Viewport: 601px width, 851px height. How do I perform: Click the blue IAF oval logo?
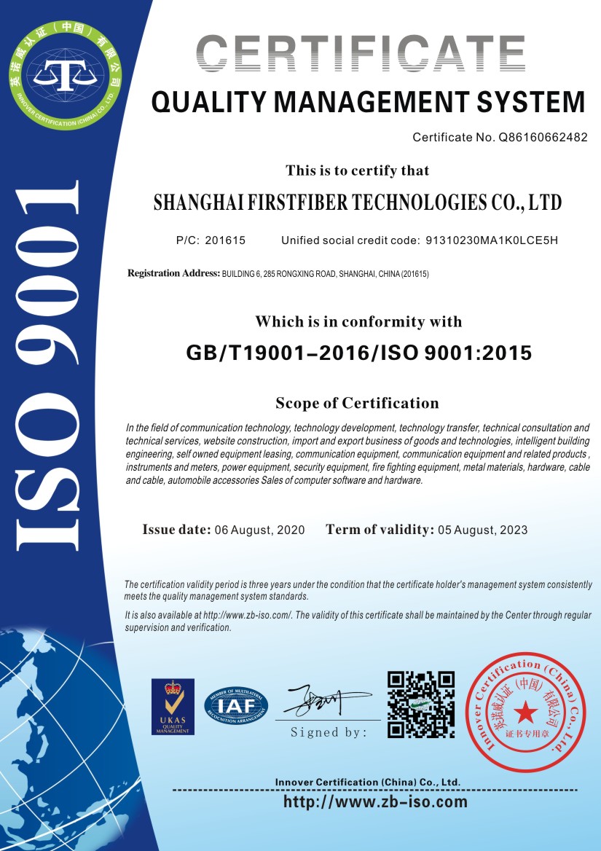pos(236,705)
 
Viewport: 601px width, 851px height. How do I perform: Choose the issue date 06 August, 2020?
pos(260,530)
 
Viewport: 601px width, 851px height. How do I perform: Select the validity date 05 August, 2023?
pos(482,530)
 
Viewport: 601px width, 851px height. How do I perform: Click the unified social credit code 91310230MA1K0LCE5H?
pos(492,240)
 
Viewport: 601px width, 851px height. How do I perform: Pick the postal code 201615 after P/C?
pos(225,240)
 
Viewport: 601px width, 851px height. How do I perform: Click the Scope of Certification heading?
pos(357,403)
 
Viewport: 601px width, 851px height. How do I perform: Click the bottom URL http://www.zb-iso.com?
pos(374,802)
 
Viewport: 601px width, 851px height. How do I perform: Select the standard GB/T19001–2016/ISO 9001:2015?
pos(359,353)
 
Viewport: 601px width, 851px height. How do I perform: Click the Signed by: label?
pos(329,733)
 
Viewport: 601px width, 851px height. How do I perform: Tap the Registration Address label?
pos(173,273)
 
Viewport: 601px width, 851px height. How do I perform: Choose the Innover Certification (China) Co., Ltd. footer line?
pos(368,782)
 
